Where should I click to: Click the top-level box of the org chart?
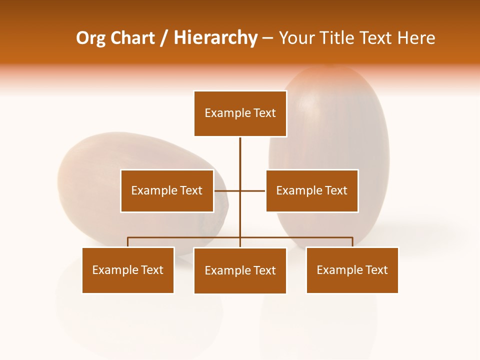click(x=240, y=113)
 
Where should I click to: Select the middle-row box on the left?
click(x=167, y=190)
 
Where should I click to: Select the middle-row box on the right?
click(x=311, y=190)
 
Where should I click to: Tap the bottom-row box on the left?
click(x=128, y=270)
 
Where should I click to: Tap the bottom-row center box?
click(x=240, y=270)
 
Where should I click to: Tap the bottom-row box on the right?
click(x=352, y=270)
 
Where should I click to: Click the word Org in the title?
click(x=90, y=38)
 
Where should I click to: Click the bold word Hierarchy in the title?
click(x=215, y=38)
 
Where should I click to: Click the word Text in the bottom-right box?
click(x=376, y=270)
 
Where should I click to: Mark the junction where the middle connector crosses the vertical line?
click(x=240, y=190)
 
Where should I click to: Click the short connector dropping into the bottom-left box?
click(x=128, y=242)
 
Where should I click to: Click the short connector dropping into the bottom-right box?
click(x=352, y=242)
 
